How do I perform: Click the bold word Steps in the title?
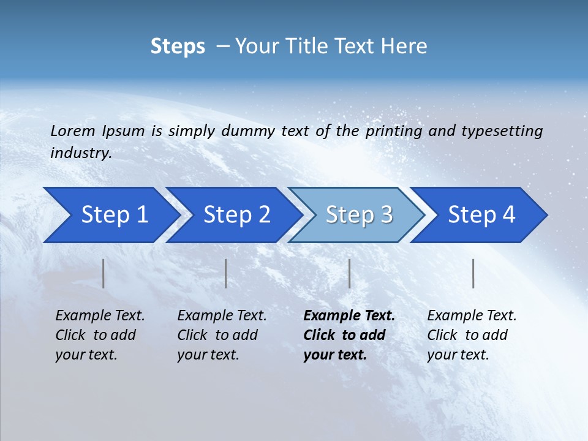[178, 47]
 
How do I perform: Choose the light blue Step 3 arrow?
[359, 214]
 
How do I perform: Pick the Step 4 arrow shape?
[481, 214]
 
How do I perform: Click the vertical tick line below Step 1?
[104, 273]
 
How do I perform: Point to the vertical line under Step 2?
[226, 273]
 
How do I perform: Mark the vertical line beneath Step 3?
[349, 273]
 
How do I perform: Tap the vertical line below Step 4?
[473, 273]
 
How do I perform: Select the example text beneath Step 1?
[100, 335]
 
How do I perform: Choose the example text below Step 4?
[472, 335]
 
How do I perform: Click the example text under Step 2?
[222, 335]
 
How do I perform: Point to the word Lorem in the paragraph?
[73, 130]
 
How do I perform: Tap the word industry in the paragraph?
[80, 153]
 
